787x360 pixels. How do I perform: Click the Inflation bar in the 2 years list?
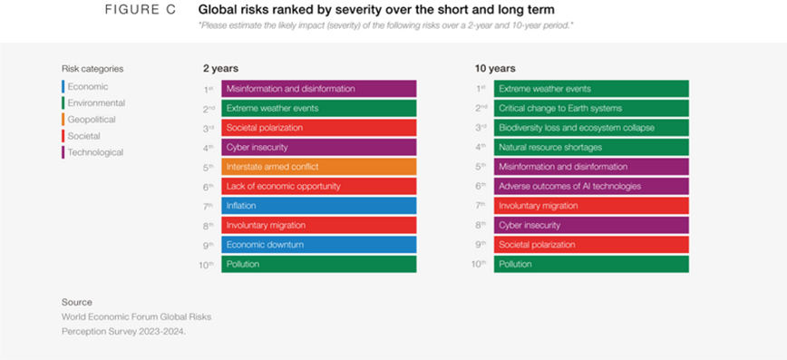(x=319, y=206)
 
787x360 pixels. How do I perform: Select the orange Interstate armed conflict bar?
(x=319, y=167)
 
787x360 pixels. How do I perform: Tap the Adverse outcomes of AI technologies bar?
(x=591, y=186)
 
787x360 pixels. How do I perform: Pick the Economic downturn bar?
(x=319, y=245)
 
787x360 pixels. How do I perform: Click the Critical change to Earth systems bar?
(x=591, y=108)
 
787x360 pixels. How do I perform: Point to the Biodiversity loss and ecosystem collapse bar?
(x=591, y=128)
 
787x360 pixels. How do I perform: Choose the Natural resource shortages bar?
(x=591, y=147)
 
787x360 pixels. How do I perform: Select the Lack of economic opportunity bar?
(x=319, y=186)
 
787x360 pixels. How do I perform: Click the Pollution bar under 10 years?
(x=591, y=264)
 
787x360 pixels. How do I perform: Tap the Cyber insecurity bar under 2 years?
(x=319, y=147)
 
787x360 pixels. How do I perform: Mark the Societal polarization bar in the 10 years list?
(x=591, y=245)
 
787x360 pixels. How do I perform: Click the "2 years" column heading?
(x=221, y=68)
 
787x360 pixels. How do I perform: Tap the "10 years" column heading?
(x=495, y=68)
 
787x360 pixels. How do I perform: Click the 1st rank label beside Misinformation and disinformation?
(x=209, y=90)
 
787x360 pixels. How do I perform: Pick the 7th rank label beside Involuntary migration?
(x=481, y=206)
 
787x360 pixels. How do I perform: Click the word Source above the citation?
(x=77, y=302)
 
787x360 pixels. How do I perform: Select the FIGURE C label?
(x=141, y=10)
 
